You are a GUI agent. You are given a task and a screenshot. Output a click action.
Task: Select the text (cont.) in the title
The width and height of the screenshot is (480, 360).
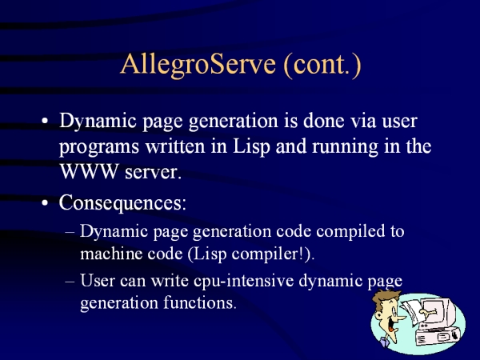click(x=322, y=66)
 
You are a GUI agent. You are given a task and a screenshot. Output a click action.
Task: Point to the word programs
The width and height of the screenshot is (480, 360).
click(x=99, y=148)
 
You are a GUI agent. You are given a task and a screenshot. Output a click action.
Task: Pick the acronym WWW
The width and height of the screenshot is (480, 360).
click(x=89, y=171)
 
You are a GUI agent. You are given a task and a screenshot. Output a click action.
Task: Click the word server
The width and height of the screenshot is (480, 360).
click(x=154, y=173)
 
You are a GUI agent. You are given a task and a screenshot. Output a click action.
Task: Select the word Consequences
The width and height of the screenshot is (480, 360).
click(x=122, y=202)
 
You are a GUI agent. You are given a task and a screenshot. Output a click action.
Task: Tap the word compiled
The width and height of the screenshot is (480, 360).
click(x=350, y=232)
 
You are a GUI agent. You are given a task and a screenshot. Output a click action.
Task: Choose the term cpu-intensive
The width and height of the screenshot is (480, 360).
click(x=244, y=281)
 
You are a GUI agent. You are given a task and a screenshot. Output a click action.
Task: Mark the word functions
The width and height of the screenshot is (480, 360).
click(x=200, y=302)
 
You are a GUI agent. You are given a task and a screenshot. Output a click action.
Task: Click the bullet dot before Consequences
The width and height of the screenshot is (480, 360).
click(x=45, y=202)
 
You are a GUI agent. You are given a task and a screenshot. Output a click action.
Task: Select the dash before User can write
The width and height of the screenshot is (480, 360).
click(x=70, y=281)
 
